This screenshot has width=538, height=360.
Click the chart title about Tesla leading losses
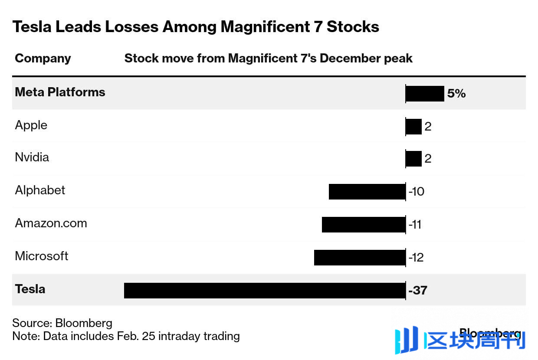tap(196, 27)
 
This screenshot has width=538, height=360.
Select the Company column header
tap(43, 59)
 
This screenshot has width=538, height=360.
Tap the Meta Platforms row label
tap(60, 92)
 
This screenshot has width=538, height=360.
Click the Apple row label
tap(31, 125)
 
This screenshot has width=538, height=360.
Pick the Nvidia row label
tap(32, 157)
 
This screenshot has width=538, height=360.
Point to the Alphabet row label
tap(40, 190)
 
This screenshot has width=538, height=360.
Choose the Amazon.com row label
tap(51, 223)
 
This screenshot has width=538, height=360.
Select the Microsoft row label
tap(42, 256)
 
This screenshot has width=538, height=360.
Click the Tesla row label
tap(30, 289)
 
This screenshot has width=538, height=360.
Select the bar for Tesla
tap(265, 290)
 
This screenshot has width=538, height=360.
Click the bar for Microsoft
tap(360, 257)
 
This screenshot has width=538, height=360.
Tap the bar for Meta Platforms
tap(425, 93)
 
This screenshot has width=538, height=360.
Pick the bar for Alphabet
tap(367, 191)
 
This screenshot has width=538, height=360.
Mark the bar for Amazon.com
tap(364, 224)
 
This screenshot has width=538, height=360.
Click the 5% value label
tap(456, 94)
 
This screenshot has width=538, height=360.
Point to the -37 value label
tap(418, 290)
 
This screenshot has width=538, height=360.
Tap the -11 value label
tap(415, 225)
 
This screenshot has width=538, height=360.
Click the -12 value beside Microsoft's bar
tap(416, 258)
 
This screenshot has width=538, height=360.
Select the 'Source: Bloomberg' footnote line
tap(62, 323)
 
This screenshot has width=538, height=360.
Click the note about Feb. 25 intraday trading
tap(126, 336)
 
